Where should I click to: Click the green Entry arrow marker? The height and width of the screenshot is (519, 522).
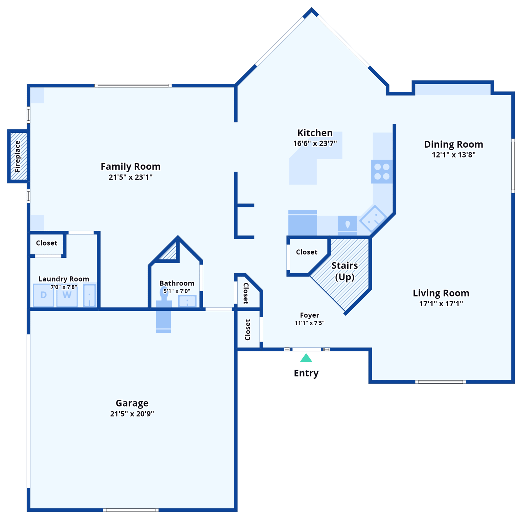click(306, 358)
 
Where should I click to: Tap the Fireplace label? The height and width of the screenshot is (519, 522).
click(18, 156)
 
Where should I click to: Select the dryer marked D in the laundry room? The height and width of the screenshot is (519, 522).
click(44, 295)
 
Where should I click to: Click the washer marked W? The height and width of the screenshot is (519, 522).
click(67, 295)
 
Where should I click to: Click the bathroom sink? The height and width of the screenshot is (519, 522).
click(187, 301)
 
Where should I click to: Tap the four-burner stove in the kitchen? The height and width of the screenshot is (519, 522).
click(382, 172)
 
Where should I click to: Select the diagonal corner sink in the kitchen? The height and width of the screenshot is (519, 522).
click(373, 218)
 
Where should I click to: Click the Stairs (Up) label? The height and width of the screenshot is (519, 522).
click(345, 271)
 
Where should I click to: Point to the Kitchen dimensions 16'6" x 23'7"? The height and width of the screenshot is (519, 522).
click(315, 144)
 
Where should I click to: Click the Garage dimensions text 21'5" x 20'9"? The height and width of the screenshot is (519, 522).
click(132, 414)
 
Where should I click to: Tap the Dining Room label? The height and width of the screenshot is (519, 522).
click(453, 145)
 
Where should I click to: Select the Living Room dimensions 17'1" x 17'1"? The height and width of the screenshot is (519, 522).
click(441, 304)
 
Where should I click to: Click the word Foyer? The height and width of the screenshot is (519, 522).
click(309, 315)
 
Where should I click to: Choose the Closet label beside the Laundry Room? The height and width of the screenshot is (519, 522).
click(47, 243)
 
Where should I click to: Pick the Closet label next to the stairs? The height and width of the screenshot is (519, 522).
click(307, 252)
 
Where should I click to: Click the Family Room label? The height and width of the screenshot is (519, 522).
click(130, 167)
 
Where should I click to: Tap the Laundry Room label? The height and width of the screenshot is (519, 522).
click(64, 279)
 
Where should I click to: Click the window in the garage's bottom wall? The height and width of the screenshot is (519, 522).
click(130, 510)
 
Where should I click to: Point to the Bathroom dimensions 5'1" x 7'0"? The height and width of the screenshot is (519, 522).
click(177, 291)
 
